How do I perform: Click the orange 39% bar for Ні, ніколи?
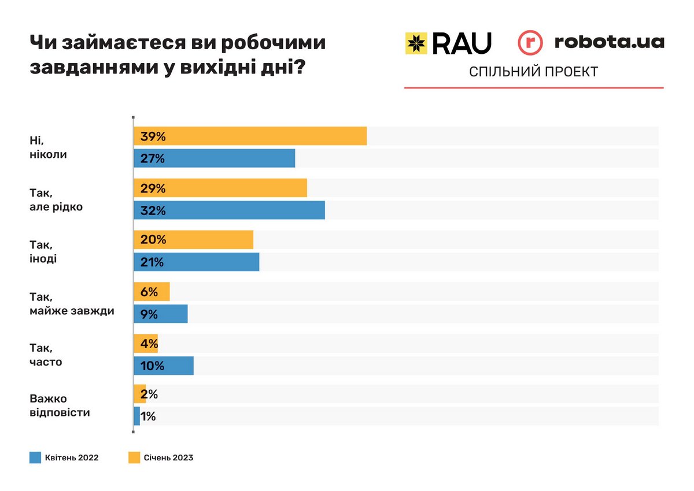click(250, 136)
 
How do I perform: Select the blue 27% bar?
click(214, 158)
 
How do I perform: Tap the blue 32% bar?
click(229, 211)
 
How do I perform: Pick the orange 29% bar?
click(220, 189)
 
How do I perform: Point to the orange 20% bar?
click(193, 239)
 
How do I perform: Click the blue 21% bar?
click(196, 262)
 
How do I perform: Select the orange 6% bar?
click(152, 292)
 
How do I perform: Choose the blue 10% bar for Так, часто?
click(164, 366)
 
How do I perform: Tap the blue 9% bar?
click(161, 314)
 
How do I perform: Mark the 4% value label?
click(149, 344)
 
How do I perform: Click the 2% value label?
click(149, 394)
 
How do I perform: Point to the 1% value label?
click(147, 416)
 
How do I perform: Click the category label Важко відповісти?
click(60, 405)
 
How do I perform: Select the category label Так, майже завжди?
click(72, 304)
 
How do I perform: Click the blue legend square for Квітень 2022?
click(35, 457)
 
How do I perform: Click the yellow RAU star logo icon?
click(416, 43)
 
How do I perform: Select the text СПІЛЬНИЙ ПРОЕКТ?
click(533, 72)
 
